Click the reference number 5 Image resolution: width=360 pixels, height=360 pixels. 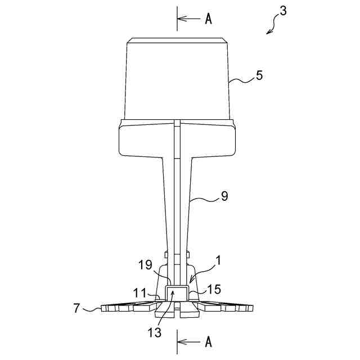coord(259,75)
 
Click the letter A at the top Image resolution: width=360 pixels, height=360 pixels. coord(208,19)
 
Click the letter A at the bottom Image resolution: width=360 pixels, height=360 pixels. coord(208,341)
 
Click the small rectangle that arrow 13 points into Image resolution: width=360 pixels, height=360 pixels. coord(178,293)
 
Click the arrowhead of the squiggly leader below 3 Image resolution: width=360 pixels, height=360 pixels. coord(268,33)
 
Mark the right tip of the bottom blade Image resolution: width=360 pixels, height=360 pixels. coord(254,309)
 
